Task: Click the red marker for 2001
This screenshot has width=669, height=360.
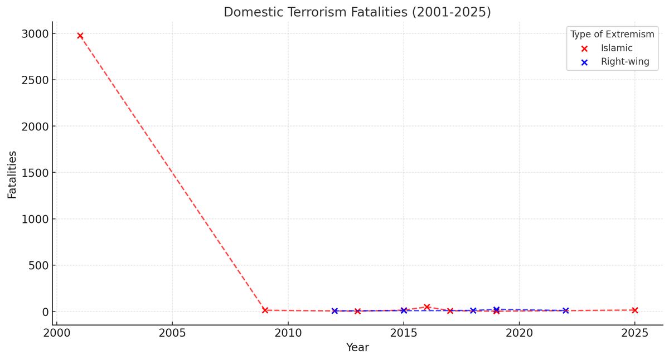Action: (80, 36)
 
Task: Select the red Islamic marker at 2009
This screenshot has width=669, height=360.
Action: (265, 310)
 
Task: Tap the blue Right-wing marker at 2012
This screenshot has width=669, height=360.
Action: (334, 311)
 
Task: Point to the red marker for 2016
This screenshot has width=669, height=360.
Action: (427, 307)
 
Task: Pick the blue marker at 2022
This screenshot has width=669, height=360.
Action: (565, 310)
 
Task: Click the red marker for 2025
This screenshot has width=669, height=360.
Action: (634, 310)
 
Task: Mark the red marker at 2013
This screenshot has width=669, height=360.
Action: (357, 311)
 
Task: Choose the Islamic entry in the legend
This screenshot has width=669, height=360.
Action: (617, 48)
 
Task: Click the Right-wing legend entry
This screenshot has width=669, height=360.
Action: (624, 62)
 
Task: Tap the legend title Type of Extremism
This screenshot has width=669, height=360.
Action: (612, 35)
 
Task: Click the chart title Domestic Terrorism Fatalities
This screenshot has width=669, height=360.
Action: (357, 12)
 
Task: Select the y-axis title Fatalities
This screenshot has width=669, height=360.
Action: (12, 174)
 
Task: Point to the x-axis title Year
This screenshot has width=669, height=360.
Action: (357, 348)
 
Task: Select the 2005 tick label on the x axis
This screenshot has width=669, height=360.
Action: (172, 333)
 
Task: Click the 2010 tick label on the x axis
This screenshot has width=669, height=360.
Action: (288, 333)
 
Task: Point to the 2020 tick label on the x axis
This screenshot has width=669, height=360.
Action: (519, 333)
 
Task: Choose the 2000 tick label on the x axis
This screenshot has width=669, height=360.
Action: (56, 333)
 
